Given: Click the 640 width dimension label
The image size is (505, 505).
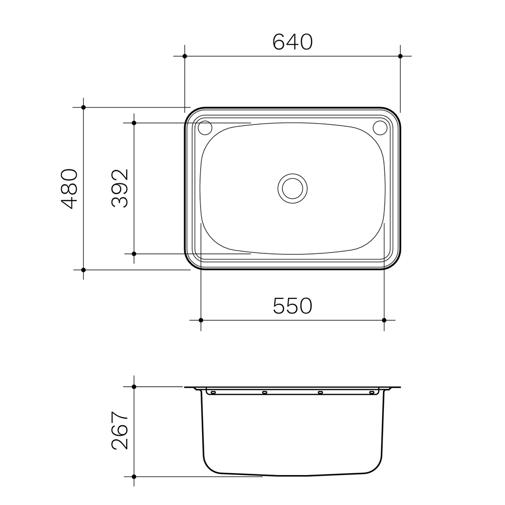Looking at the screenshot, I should (x=292, y=42).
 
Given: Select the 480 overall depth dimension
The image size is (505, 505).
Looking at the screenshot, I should (x=69, y=188).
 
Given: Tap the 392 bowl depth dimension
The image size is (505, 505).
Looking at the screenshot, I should (x=120, y=188).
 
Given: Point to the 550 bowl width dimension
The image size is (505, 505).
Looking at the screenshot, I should (x=292, y=306).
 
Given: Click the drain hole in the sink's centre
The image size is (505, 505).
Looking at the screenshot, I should (x=293, y=188).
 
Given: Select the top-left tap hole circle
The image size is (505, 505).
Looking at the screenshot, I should (x=205, y=127).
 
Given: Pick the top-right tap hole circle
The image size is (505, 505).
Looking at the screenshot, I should (x=380, y=127).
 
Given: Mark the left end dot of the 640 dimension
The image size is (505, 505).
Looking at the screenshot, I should (x=185, y=56).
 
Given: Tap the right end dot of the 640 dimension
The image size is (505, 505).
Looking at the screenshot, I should (x=400, y=56).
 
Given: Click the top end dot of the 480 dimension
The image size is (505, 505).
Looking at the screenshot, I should (x=84, y=108).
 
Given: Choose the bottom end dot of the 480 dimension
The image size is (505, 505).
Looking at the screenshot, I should (x=84, y=270).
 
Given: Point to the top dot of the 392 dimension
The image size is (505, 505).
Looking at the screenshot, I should (x=134, y=123).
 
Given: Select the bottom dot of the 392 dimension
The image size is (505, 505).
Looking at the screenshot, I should (x=134, y=254).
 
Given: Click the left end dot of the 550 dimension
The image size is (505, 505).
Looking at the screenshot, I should (x=201, y=320).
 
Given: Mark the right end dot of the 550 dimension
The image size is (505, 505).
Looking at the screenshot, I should (x=384, y=320).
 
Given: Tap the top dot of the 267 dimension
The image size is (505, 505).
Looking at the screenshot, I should (x=134, y=387).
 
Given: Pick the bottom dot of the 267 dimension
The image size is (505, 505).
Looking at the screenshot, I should (x=134, y=476).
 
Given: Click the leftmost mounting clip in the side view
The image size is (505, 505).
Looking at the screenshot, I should (x=213, y=392).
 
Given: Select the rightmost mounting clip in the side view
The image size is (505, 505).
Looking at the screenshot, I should (x=372, y=392).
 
